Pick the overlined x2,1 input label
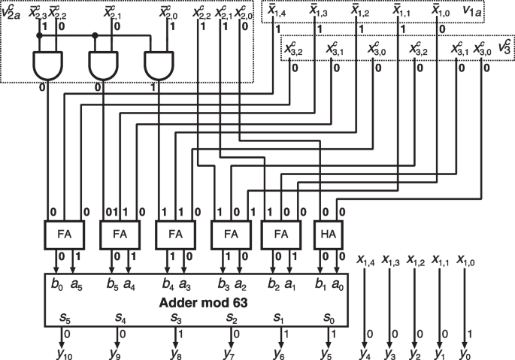coord(113,13)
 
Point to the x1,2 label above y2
coord(416,261)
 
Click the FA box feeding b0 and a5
coord(65,234)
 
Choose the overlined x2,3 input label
coord(38,13)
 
